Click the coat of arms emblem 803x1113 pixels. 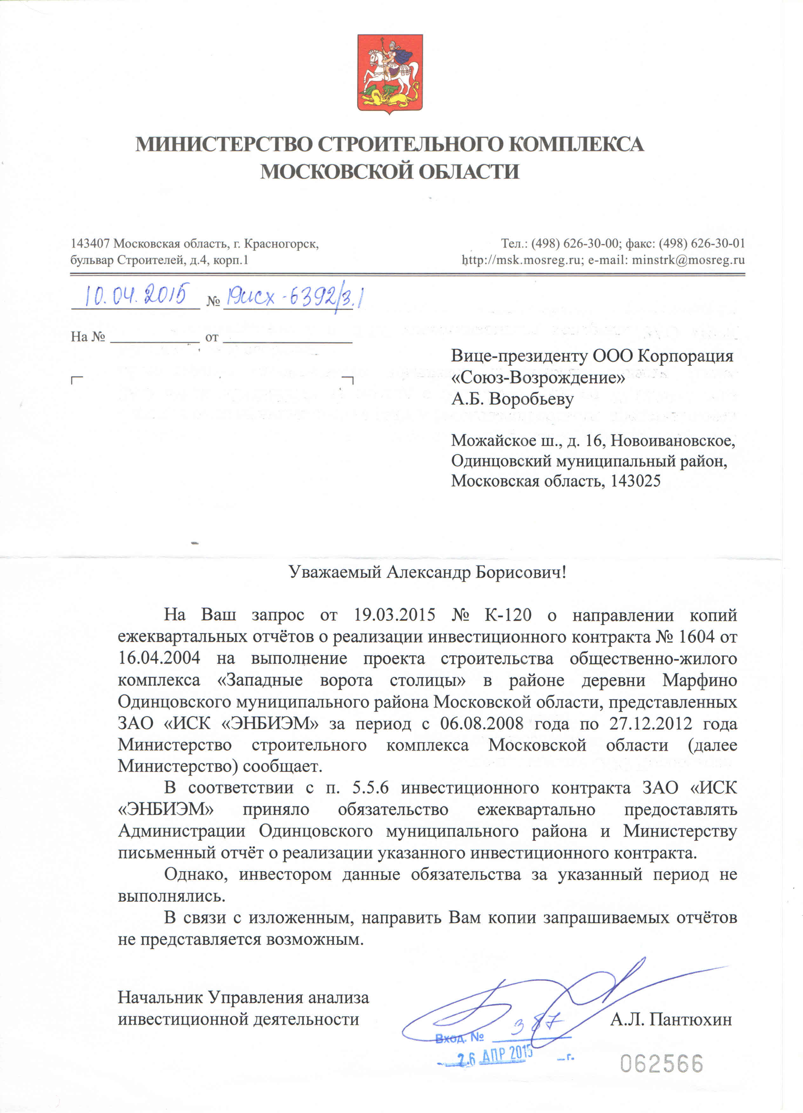(x=390, y=74)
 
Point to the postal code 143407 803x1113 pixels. (x=90, y=243)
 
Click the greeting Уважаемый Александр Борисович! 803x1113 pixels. (x=427, y=572)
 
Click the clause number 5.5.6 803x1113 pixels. (x=371, y=788)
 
